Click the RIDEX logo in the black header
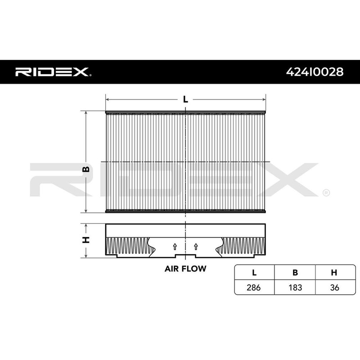[53, 72]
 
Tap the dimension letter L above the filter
[185, 99]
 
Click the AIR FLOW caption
[185, 269]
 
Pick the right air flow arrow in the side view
[196, 246]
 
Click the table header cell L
[254, 273]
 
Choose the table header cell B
[294, 273]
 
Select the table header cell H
[334, 273]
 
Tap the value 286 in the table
[254, 287]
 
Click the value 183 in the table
[294, 287]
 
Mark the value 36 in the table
[334, 287]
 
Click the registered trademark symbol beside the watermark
[325, 193]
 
